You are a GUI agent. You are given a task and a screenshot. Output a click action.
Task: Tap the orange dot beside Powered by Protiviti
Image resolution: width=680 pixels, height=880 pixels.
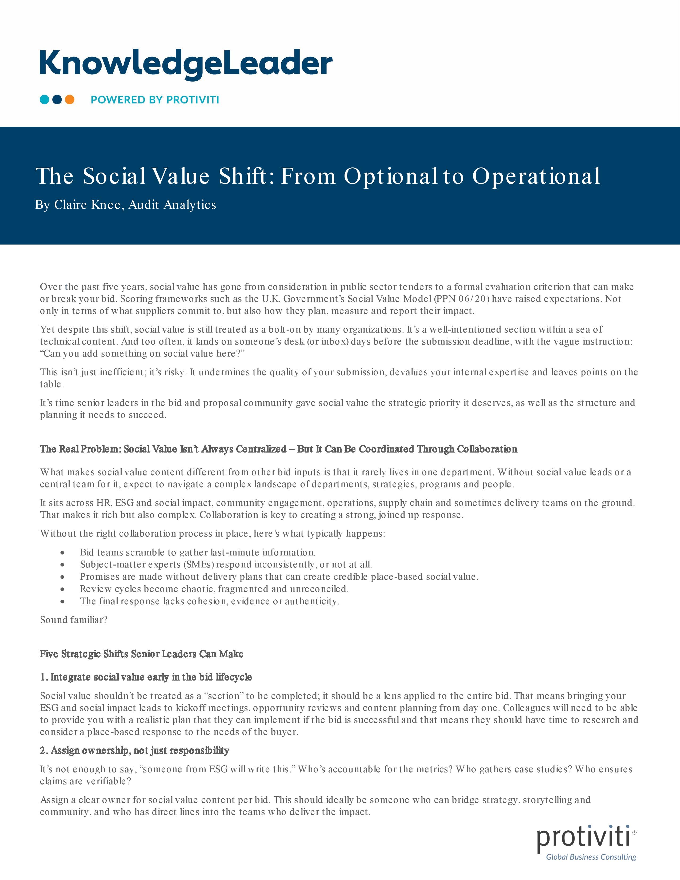click(x=70, y=99)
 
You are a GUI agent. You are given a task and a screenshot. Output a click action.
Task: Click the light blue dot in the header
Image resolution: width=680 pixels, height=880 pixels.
click(x=44, y=99)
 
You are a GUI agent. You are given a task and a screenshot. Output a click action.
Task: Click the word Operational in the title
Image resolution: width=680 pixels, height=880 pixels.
click(x=536, y=176)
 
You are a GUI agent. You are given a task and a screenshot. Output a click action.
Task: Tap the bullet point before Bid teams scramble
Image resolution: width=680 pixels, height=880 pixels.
click(x=62, y=553)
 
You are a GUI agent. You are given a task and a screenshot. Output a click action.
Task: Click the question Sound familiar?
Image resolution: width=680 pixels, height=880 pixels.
click(x=74, y=620)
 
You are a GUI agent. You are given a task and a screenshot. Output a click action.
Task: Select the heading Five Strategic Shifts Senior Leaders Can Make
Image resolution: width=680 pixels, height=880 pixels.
click(x=141, y=654)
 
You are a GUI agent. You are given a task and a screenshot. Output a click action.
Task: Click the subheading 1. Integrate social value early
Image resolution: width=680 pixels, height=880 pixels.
click(x=146, y=677)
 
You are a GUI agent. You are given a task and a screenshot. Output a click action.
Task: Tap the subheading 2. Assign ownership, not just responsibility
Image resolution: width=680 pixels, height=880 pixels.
click(x=135, y=750)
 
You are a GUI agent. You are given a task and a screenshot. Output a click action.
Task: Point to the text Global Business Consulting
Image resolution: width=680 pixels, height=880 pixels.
click(x=591, y=857)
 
